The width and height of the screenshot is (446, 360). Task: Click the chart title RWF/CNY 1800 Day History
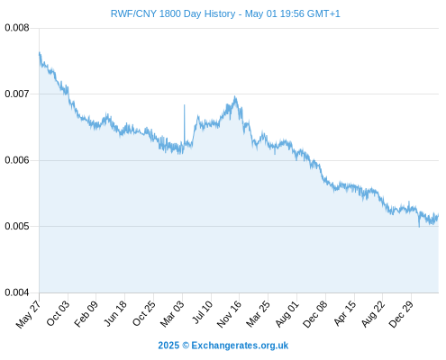coord(173,13)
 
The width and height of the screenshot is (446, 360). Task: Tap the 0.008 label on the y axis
coord(17,28)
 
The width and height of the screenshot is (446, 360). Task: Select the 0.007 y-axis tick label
coord(17,94)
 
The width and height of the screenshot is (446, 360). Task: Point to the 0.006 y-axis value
coord(17,160)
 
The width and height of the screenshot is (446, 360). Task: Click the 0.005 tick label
coord(17,226)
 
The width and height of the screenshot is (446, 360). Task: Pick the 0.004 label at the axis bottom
coord(17,292)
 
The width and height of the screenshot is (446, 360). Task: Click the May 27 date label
coord(28,314)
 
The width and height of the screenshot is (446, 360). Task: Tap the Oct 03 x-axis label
coord(58,313)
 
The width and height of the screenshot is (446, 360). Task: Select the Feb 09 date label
coord(86,314)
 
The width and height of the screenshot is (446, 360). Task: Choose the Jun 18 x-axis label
coord(115,313)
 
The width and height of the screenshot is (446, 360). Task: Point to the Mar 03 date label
coord(172,314)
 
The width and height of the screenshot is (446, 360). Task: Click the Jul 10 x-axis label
coord(202,312)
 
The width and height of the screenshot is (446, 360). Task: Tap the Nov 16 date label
coord(229,314)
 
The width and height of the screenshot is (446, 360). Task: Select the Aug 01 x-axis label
coord(287,314)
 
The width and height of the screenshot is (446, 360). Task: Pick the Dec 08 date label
coord(315,314)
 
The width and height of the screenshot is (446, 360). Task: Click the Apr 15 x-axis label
coord(345,313)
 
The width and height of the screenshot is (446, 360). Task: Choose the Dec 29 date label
coord(401,314)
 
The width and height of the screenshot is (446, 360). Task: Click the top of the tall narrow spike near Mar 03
coord(185,104)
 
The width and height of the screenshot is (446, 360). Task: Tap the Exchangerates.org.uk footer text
coord(240,346)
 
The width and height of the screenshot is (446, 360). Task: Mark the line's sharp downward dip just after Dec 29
coord(419,227)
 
